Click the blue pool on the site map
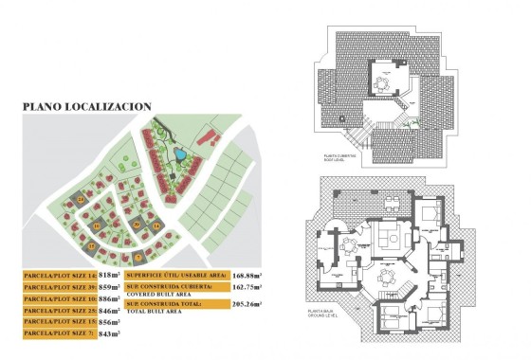[x=179, y=153]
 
